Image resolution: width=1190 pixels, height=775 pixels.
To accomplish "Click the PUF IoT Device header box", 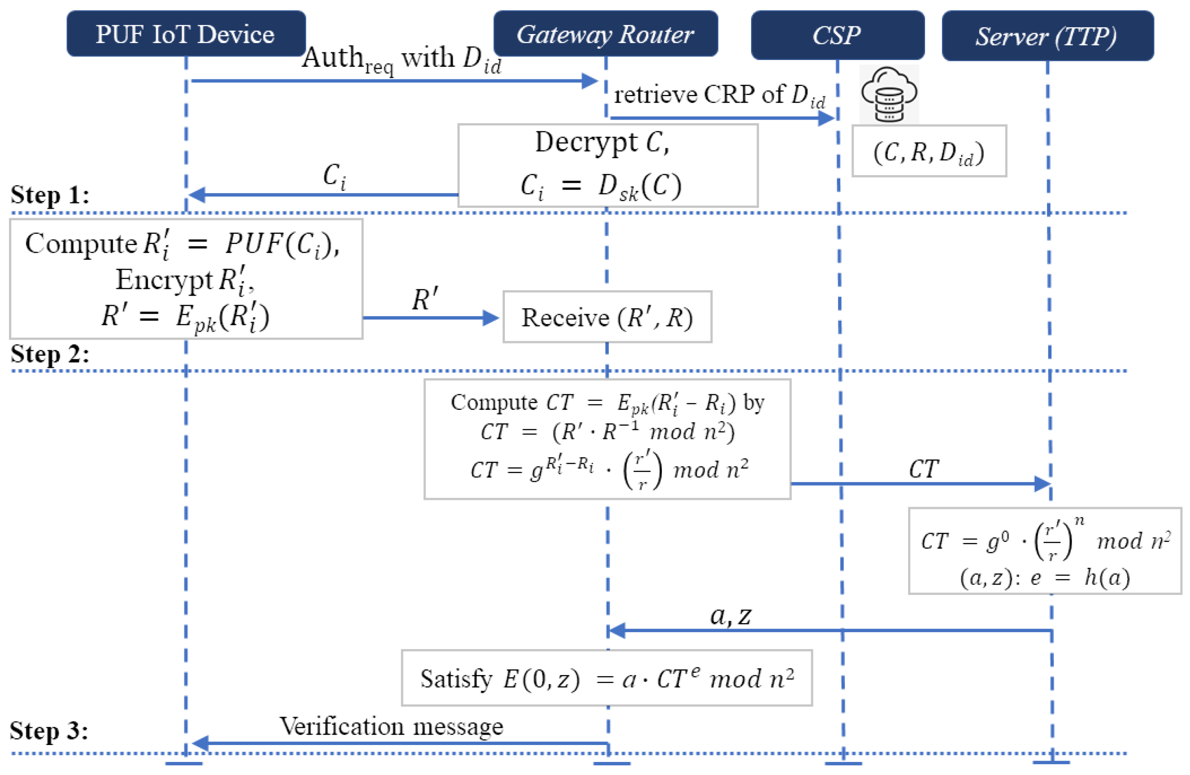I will click(186, 34).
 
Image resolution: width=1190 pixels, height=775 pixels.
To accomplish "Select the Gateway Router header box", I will click(605, 34).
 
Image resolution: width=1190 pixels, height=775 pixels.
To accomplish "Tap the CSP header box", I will click(837, 35).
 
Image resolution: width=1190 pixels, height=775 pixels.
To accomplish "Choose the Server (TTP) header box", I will click(1047, 36).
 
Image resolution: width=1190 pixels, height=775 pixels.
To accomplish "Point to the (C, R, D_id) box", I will click(929, 151).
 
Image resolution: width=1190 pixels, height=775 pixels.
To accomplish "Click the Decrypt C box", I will click(608, 165).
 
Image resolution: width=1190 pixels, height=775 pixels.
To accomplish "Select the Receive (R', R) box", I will click(607, 317).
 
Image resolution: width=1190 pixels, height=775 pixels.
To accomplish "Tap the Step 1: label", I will click(50, 194).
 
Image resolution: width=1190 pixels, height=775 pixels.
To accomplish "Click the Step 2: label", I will click(50, 354).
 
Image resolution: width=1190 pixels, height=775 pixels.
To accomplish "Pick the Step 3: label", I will click(49, 730).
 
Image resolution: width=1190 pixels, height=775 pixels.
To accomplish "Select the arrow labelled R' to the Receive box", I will click(430, 317).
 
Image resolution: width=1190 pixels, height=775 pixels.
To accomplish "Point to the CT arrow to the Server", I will click(920, 483).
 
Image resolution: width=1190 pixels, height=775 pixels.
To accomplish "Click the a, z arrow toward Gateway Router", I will click(830, 630).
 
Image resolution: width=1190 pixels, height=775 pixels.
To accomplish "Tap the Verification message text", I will click(391, 726).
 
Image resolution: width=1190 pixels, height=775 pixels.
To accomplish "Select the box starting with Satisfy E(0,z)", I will click(607, 678).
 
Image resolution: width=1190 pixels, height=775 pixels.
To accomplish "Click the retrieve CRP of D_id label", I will click(719, 95).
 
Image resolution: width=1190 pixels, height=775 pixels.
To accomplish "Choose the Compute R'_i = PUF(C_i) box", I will click(186, 279).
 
